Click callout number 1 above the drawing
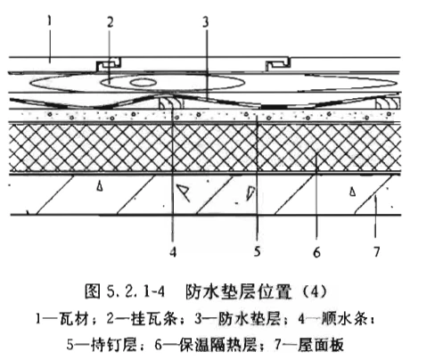pos(50,21)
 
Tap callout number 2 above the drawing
pos(111,22)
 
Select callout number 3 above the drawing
pos(206,22)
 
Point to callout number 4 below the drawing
pos(173,251)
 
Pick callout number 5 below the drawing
pos(258,251)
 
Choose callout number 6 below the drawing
pos(316,252)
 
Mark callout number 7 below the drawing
pos(376,252)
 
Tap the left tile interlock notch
pos(109,63)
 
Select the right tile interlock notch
pos(278,64)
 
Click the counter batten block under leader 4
pos(171,102)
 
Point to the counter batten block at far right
pos(388,102)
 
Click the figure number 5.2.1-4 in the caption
pos(135,291)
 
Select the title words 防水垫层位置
pos(238,291)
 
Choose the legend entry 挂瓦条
pos(153,319)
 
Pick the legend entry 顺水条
pos(340,319)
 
